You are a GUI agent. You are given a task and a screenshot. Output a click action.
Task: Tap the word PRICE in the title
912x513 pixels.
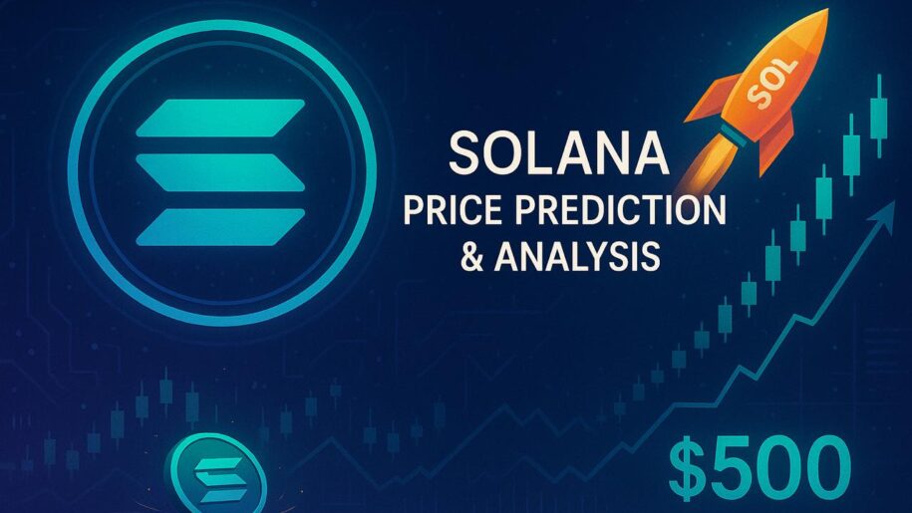point(450,212)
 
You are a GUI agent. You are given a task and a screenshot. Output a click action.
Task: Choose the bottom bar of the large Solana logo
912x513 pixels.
point(219,227)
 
